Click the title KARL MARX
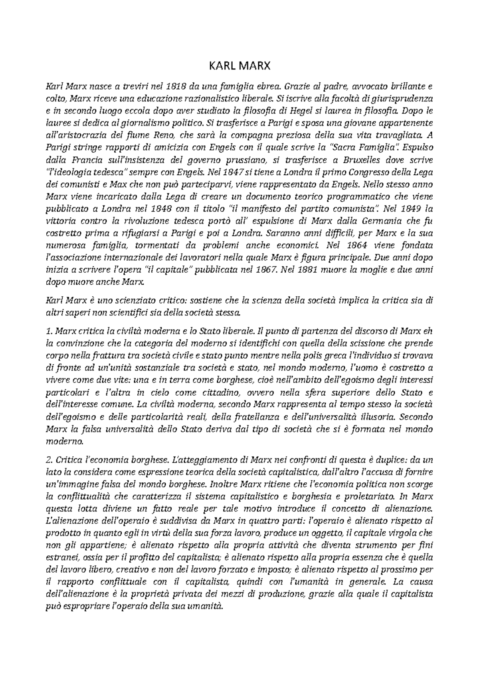240,65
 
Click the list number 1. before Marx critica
49,331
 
